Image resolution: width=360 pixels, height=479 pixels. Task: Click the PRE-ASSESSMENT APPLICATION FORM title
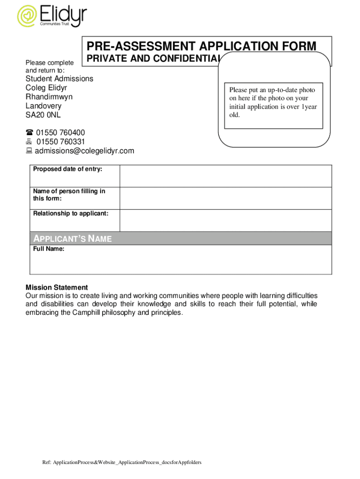tap(201, 46)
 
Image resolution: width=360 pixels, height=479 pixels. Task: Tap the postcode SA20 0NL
tap(43, 115)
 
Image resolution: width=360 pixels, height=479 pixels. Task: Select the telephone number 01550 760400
tap(60, 133)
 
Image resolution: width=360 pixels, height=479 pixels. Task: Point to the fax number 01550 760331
tap(60, 142)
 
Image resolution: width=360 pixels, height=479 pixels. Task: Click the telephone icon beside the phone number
tap(29, 133)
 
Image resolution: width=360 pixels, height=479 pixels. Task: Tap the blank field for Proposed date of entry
tap(225, 176)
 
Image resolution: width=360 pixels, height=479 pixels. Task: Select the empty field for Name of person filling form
tap(225, 198)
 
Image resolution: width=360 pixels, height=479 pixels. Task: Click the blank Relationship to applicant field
tap(225, 220)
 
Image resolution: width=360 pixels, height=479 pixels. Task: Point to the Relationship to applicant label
tap(71, 214)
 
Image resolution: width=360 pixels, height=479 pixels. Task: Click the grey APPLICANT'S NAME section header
tap(180, 239)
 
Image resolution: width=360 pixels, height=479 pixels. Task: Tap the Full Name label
tap(49, 249)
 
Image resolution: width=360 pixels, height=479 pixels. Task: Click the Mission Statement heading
tap(57, 287)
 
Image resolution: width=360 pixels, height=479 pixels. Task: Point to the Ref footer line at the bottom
tap(122, 463)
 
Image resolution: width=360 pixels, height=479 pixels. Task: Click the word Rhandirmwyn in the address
tap(49, 97)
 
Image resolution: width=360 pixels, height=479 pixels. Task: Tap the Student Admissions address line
tap(59, 79)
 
